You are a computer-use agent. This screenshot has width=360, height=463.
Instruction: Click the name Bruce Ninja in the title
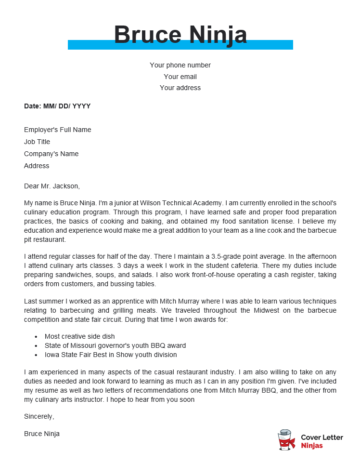(180, 36)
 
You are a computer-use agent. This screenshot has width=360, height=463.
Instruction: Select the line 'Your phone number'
(180, 65)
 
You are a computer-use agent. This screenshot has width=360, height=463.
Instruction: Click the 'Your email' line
(180, 76)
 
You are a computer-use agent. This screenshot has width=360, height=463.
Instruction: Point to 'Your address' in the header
(180, 87)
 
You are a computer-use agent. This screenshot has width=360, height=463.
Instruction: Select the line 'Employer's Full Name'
(58, 130)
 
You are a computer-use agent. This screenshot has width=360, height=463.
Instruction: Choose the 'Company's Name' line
(53, 153)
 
